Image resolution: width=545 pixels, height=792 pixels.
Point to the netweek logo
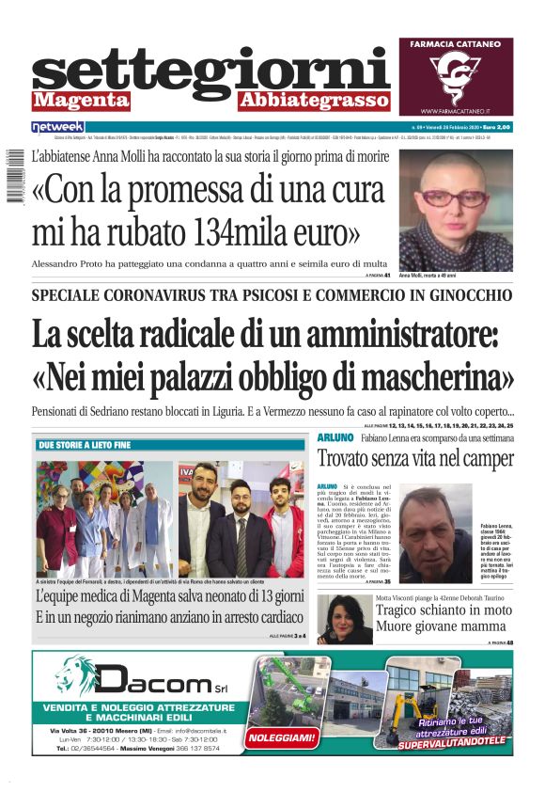pos(58,126)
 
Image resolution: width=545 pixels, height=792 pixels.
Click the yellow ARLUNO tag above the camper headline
pos(335,438)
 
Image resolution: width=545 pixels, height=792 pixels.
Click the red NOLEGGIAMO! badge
pos(280,737)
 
